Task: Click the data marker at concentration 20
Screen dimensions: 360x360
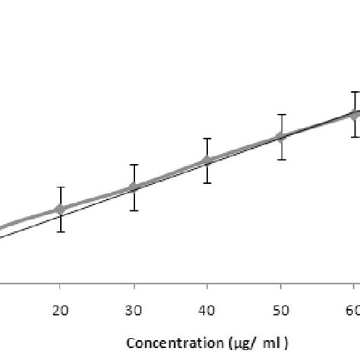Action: tap(61, 209)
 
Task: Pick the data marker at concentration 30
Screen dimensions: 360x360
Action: tap(134, 187)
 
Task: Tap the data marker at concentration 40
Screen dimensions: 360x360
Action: tap(207, 160)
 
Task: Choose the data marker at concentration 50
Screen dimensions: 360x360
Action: tap(281, 137)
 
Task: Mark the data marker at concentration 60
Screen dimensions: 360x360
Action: tap(354, 114)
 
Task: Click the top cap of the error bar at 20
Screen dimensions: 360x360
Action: tap(61, 187)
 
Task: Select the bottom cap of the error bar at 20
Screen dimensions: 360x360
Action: tap(61, 232)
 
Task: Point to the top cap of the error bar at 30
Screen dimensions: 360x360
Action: tap(134, 165)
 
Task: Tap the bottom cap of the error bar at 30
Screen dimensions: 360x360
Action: tap(134, 210)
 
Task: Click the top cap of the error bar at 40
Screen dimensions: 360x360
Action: tap(207, 138)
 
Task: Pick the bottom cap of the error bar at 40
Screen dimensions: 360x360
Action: tap(207, 183)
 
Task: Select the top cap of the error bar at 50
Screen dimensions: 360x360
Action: tap(281, 115)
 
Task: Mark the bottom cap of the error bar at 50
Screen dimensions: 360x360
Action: tap(281, 159)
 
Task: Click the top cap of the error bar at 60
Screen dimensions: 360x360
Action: tap(354, 92)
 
